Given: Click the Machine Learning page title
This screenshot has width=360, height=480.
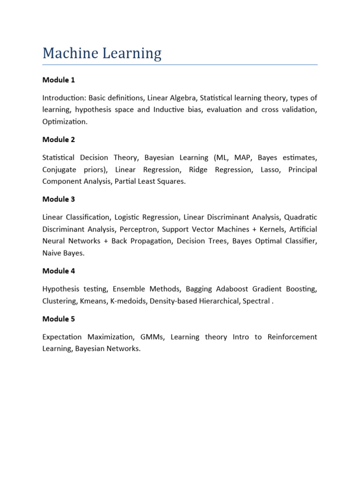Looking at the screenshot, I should tap(102, 53).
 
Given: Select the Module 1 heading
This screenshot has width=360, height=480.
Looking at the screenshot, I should tap(59, 80).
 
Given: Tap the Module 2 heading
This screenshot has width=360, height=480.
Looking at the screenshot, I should tap(59, 140).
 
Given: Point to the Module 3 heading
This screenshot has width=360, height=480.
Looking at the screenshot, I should tap(59, 199).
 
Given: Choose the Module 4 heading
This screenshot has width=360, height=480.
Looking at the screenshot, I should tap(59, 271).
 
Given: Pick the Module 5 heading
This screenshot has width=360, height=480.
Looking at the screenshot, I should tap(59, 319).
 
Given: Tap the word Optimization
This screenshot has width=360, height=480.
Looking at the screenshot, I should tap(64, 122).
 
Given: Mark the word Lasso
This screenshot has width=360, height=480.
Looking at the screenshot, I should tap(270, 170).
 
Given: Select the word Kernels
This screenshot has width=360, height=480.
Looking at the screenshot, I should tap(270, 229).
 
